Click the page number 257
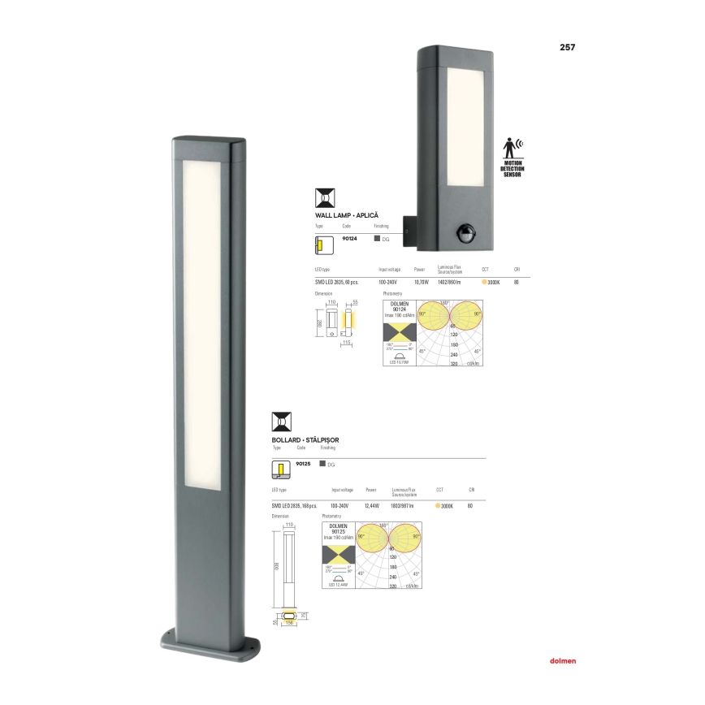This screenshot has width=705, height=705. point(567,46)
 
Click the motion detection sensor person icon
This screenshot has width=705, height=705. point(512,149)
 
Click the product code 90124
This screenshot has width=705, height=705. point(349,238)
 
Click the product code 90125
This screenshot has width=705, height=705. point(304,463)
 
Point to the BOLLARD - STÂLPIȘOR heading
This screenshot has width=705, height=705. point(305,440)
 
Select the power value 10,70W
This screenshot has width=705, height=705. point(421,282)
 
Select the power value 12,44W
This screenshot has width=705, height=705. point(374,505)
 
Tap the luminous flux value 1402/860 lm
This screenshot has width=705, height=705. point(449,282)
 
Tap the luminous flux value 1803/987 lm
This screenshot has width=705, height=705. point(403,505)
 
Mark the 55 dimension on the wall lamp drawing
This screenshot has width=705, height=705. point(355,302)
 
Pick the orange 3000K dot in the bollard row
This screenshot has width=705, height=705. point(439,505)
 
